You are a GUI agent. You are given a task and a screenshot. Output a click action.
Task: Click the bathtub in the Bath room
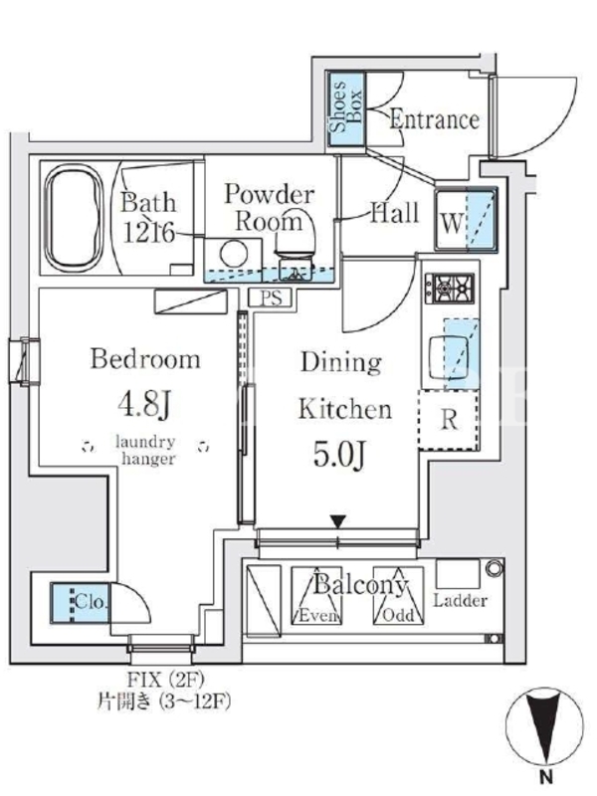pyautogui.click(x=73, y=218)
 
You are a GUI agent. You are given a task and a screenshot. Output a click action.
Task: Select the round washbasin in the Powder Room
pyautogui.click(x=234, y=254)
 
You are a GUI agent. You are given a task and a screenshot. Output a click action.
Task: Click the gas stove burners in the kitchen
pyautogui.click(x=450, y=289)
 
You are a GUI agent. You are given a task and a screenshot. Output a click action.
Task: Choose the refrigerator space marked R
pyautogui.click(x=449, y=420)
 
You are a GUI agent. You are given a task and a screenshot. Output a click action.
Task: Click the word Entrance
pyautogui.click(x=435, y=119)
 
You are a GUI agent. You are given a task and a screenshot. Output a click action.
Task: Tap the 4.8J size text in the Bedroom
pyautogui.click(x=144, y=405)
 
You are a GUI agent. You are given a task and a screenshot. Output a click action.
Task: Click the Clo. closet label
pyautogui.click(x=91, y=602)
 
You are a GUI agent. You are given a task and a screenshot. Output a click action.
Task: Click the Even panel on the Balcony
pyautogui.click(x=316, y=595)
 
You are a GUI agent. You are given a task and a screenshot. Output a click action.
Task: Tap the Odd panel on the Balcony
pyautogui.click(x=399, y=595)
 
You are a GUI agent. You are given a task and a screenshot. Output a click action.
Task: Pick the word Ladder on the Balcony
pyautogui.click(x=460, y=601)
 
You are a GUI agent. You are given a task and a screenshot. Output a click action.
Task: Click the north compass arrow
pyautogui.click(x=545, y=731)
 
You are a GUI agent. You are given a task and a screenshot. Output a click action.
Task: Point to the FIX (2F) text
pyautogui.click(x=164, y=679)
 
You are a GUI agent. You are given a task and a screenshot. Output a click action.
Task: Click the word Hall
pyautogui.click(x=394, y=212)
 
